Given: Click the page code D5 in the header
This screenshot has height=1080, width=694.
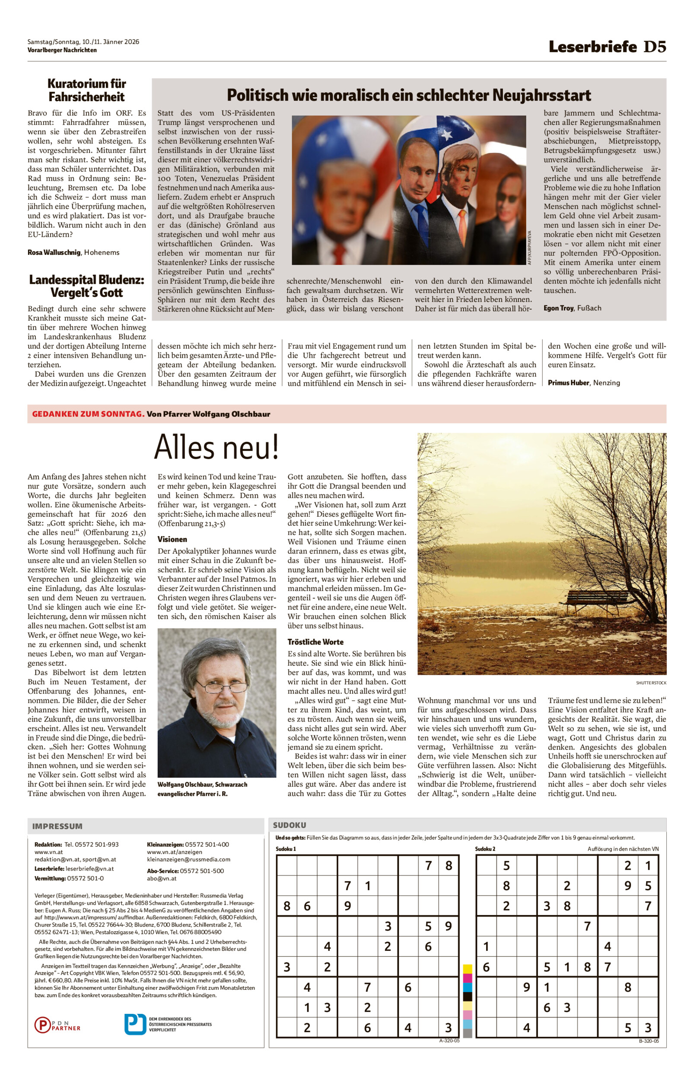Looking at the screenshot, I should [654, 47].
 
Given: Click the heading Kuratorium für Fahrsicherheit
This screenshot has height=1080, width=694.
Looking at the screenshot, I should [86, 90].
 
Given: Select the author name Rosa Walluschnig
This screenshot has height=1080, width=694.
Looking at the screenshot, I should [54, 252].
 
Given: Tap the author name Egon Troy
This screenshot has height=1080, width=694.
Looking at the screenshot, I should [558, 308].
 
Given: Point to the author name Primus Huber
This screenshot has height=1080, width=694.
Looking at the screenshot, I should [568, 383].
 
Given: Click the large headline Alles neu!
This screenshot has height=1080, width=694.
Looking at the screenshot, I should [216, 447].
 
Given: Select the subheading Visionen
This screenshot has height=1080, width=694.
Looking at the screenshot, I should [172, 539].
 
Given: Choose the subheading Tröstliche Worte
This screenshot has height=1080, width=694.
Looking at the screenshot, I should [315, 642].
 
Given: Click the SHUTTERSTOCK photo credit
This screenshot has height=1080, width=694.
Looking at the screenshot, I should [651, 683].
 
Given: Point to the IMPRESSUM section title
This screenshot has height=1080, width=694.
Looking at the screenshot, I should [57, 826].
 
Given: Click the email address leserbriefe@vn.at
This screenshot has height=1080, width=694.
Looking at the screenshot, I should [90, 869].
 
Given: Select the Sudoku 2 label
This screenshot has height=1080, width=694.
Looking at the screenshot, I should [485, 849].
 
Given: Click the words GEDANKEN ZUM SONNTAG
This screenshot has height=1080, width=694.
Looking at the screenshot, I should [88, 414].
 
